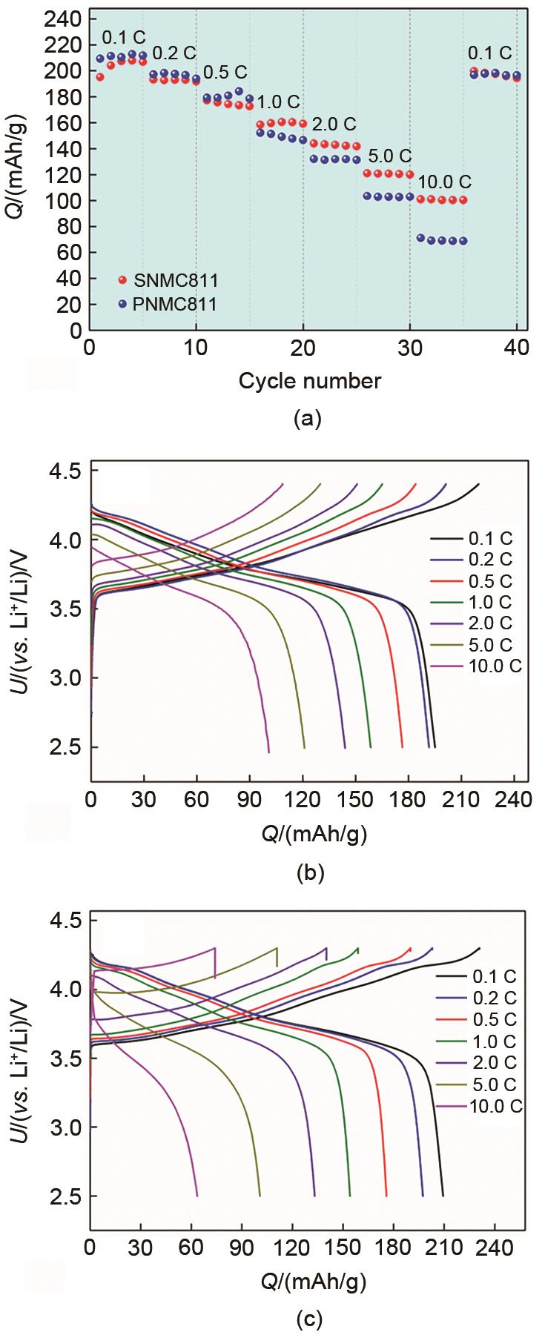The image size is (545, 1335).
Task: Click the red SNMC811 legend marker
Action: tap(123, 279)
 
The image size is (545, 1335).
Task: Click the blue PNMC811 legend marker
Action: tap(123, 303)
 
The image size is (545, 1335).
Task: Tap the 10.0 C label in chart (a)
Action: tap(444, 182)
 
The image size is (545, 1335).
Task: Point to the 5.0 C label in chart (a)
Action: tap(387, 156)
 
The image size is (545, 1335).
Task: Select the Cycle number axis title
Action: tap(310, 381)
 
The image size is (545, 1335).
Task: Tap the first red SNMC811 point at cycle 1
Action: tap(100, 77)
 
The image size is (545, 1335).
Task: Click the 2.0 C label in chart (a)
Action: tap(334, 123)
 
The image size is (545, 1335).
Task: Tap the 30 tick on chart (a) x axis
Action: tap(410, 347)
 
